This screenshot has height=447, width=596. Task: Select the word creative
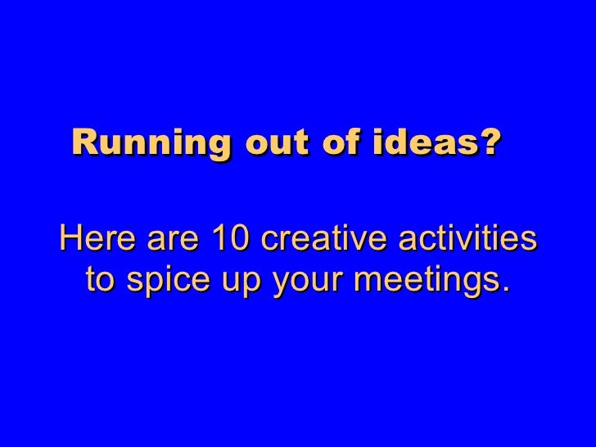click(x=328, y=242)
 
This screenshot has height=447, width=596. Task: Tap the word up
click(x=236, y=284)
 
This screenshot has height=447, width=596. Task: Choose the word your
click(x=298, y=284)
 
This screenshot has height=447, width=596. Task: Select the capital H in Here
click(x=70, y=242)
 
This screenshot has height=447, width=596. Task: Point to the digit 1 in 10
click(x=219, y=242)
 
